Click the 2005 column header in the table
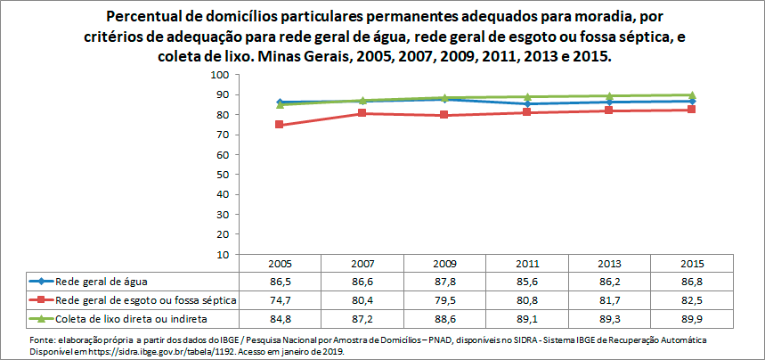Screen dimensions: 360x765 [280, 264]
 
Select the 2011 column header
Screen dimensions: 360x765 [527, 264]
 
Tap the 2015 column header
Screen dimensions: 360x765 [692, 264]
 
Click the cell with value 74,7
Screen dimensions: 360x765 [280, 299]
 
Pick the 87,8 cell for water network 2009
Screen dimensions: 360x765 [444, 281]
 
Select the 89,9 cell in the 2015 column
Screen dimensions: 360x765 [692, 318]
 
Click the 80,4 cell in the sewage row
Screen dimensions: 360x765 [362, 299]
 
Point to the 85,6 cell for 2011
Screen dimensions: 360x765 [527, 281]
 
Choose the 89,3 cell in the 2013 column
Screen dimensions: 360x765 [609, 318]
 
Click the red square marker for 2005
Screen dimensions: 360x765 [280, 125]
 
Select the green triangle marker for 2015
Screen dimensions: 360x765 [692, 95]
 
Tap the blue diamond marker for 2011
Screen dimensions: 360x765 [527, 104]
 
